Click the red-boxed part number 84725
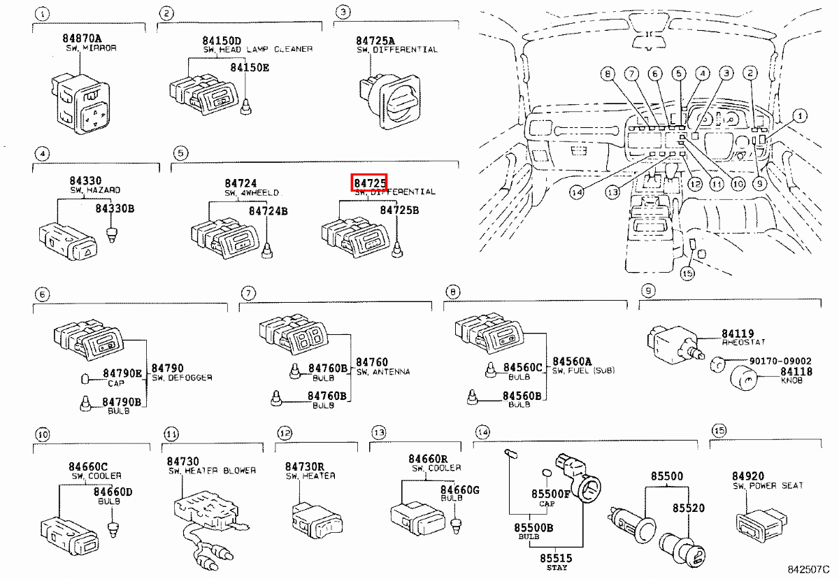(368, 183)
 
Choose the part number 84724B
(268, 210)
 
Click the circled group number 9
(648, 290)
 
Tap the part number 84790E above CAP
(122, 373)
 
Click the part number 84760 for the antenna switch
(371, 362)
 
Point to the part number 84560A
(572, 361)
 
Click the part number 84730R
(304, 466)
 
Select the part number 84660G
(459, 490)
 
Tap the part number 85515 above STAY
(554, 557)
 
